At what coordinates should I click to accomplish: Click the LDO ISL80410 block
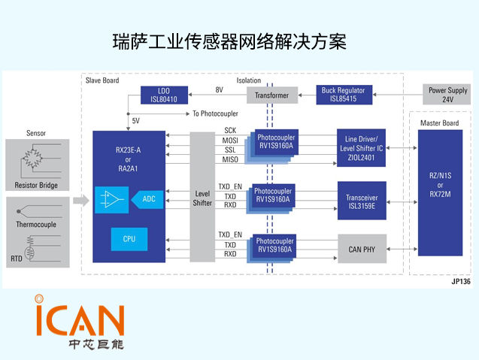click(163, 95)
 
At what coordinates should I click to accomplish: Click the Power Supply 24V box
click(447, 95)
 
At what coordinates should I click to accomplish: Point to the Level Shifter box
click(202, 198)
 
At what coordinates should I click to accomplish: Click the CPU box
click(129, 239)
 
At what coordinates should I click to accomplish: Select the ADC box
click(149, 198)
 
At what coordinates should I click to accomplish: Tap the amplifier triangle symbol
click(113, 199)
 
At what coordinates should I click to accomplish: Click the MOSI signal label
click(229, 140)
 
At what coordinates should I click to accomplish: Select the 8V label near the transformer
click(219, 90)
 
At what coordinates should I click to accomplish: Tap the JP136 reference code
click(460, 282)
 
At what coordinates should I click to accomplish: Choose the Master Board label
click(440, 123)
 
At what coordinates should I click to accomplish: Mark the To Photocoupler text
click(216, 113)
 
